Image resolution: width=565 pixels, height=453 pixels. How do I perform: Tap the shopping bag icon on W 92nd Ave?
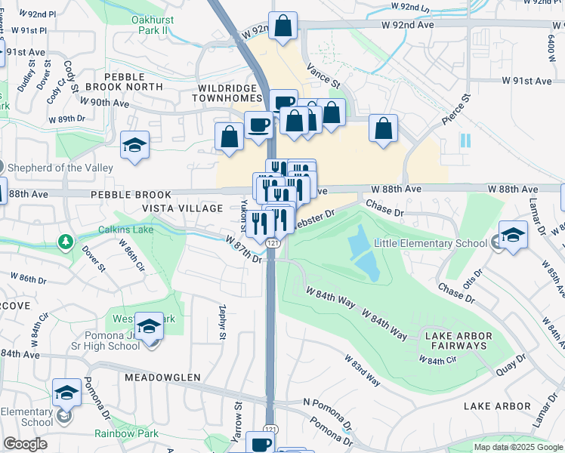[x=284, y=26]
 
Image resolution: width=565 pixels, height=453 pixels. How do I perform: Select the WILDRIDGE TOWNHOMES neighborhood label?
[x=228, y=93]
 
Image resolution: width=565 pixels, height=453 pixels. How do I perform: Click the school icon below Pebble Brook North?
[x=135, y=144]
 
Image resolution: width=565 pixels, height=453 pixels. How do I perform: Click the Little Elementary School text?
[x=431, y=243]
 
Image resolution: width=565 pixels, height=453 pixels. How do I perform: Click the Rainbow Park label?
[x=126, y=433]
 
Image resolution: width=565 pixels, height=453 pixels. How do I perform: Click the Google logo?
[x=24, y=444]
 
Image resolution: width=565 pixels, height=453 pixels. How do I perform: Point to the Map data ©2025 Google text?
[x=517, y=447]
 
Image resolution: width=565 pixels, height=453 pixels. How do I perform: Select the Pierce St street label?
[x=457, y=109]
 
